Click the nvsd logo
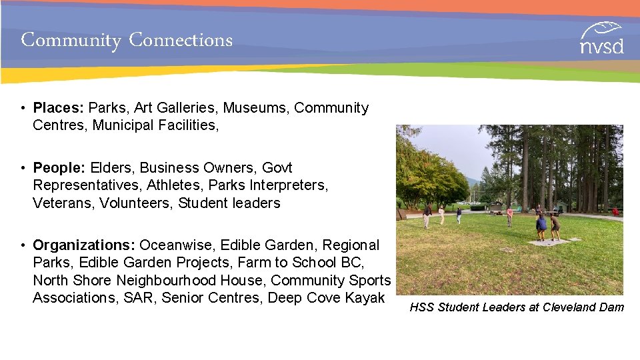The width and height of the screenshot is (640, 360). (601, 38)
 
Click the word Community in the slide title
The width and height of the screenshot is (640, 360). (71, 41)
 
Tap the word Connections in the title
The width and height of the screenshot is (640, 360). (181, 40)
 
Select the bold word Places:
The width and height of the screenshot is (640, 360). (59, 108)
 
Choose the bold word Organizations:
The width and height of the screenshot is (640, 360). (84, 245)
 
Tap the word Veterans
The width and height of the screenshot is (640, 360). (63, 203)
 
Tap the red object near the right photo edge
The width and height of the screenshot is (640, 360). (615, 212)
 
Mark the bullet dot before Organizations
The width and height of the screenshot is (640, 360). (23, 246)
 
